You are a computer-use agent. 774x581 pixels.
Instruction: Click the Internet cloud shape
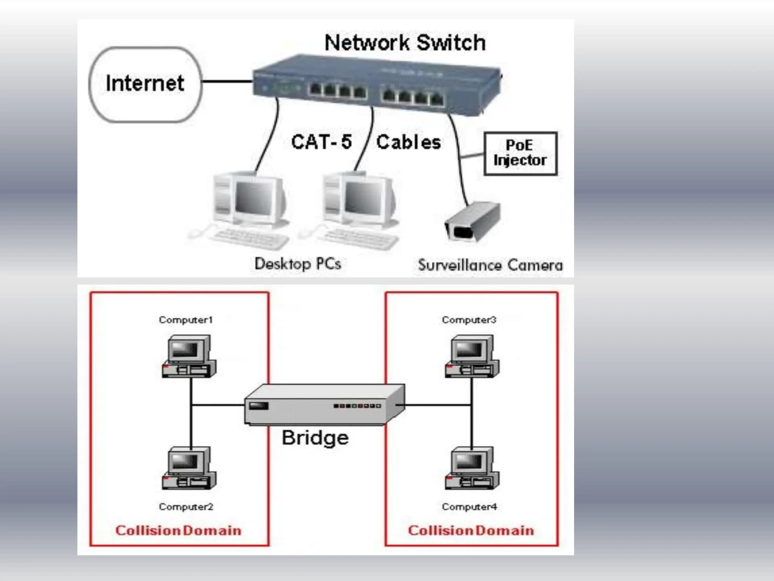pyautogui.click(x=145, y=84)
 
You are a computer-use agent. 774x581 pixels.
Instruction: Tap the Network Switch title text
pyautogui.click(x=405, y=42)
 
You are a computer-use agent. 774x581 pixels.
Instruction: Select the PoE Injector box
pyautogui.click(x=520, y=153)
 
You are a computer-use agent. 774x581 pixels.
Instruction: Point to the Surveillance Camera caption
pyautogui.click(x=490, y=265)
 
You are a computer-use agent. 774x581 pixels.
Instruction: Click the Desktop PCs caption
pyautogui.click(x=297, y=264)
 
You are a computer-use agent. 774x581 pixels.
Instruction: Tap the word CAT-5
pyautogui.click(x=321, y=142)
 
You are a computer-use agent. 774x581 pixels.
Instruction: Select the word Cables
pyautogui.click(x=409, y=142)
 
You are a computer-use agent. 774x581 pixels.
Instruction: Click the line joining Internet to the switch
pyautogui.click(x=227, y=81)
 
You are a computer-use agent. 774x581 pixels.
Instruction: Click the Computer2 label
pyautogui.click(x=186, y=506)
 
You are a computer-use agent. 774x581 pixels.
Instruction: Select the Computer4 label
pyautogui.click(x=469, y=506)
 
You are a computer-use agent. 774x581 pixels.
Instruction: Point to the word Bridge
pyautogui.click(x=315, y=438)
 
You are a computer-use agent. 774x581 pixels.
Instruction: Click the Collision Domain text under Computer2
pyautogui.click(x=178, y=530)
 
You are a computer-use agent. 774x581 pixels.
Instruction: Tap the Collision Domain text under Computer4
pyautogui.click(x=471, y=530)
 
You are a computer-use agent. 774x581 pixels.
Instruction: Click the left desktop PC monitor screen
pyautogui.click(x=254, y=198)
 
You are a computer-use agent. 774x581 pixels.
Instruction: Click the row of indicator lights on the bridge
pyautogui.click(x=357, y=406)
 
